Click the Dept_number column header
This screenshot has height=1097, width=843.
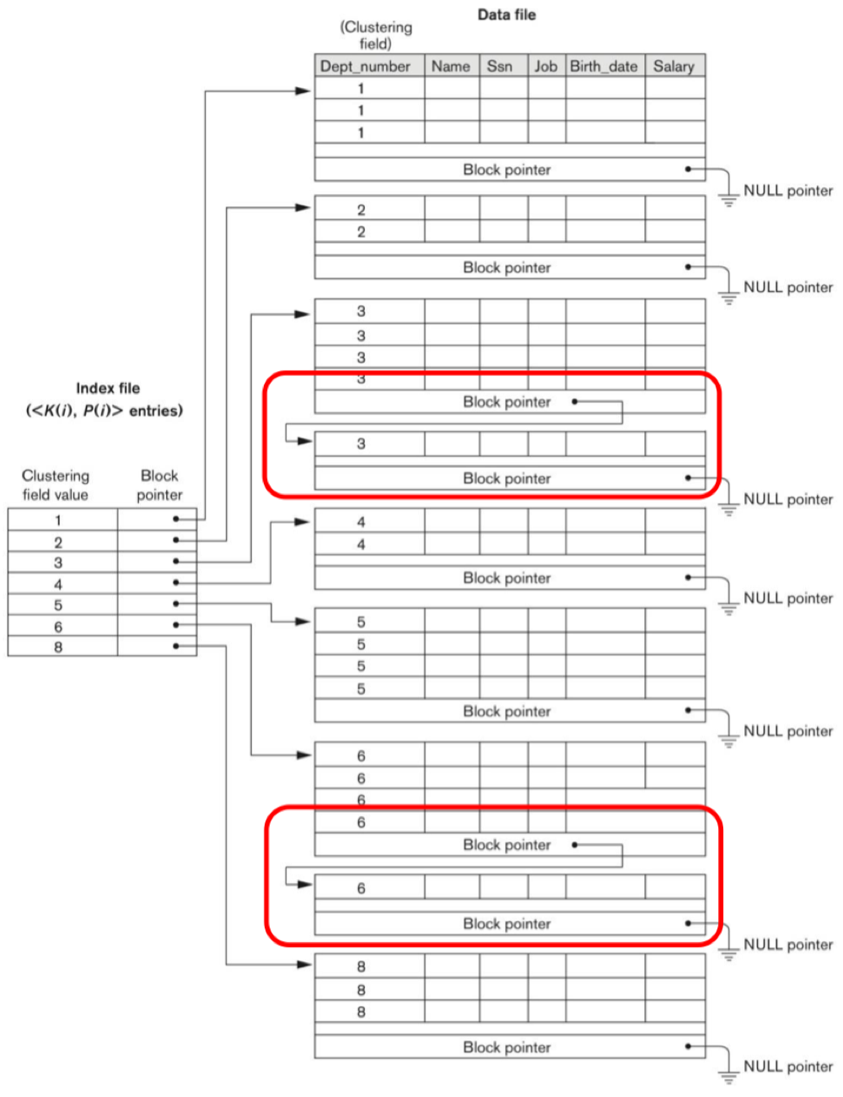(365, 67)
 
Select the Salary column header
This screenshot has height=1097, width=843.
(674, 67)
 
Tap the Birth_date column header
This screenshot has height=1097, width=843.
(604, 67)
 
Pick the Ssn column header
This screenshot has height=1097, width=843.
(499, 67)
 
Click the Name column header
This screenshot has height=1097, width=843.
(450, 67)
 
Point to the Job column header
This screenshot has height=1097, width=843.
(545, 67)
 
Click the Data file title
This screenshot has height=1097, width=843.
(507, 14)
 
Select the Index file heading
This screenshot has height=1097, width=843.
(107, 389)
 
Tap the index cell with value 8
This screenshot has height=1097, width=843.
(58, 647)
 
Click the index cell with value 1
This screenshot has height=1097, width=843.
(58, 520)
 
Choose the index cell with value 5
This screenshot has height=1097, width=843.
(58, 605)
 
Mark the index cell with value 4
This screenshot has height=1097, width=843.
(58, 584)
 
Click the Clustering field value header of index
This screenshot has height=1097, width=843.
(56, 485)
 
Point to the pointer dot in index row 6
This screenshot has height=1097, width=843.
(175, 626)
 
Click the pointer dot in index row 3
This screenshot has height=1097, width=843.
(175, 562)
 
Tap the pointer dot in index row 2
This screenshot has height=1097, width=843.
(175, 540)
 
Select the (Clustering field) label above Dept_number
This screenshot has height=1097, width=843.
(376, 35)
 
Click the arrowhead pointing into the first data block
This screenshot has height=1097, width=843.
(304, 90)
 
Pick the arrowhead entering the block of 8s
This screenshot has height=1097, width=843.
(304, 964)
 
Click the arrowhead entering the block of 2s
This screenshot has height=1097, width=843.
(304, 207)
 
